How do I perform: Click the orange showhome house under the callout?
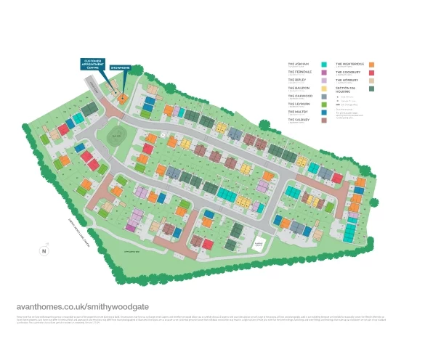coord(122,97)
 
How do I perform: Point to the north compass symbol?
coord(44,251)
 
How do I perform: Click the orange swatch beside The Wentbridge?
coord(371,65)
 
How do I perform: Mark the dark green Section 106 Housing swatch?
coord(371,89)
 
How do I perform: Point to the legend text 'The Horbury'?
coord(347,80)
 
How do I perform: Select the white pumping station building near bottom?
coord(258,245)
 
